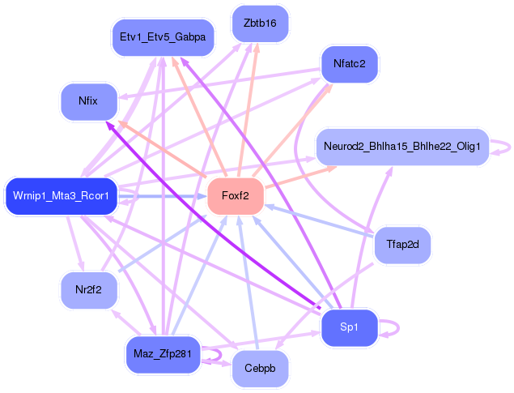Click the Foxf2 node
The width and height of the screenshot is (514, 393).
tap(236, 197)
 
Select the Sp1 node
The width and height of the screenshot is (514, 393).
tap(349, 327)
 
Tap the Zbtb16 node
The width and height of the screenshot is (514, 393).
tap(259, 23)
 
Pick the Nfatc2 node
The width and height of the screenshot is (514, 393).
tap(350, 62)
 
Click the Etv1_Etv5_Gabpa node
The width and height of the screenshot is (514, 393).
tap(162, 37)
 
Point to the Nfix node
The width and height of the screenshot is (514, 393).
tap(88, 102)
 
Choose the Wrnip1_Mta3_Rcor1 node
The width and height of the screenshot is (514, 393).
tap(62, 196)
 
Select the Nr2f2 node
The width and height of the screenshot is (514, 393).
tap(88, 290)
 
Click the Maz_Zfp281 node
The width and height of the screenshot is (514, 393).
tap(163, 354)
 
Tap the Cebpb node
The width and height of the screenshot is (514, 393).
tap(259, 370)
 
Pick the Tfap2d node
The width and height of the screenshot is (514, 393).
tap(402, 245)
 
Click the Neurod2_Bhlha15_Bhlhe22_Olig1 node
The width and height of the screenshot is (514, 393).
tap(402, 147)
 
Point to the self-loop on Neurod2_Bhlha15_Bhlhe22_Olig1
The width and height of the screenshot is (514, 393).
tap(503, 147)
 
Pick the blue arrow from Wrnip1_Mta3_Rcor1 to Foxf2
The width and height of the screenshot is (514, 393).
tap(162, 196)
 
